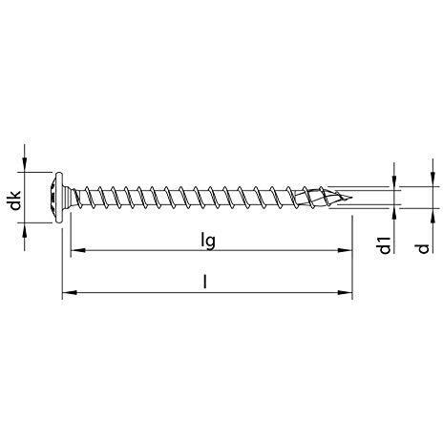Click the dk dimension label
click(15, 200)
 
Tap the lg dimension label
click(208, 241)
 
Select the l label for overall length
click(205, 282)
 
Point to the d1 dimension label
click(385, 244)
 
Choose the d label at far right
click(423, 248)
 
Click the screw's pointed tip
click(351, 198)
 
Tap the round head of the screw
click(57, 198)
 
